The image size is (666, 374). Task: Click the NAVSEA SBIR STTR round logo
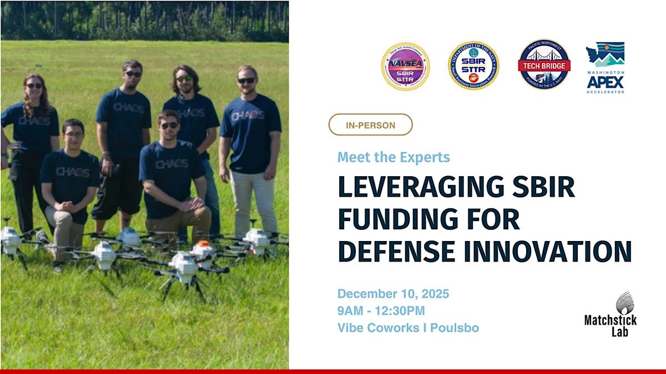click(405, 66)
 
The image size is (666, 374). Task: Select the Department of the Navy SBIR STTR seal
click(473, 66)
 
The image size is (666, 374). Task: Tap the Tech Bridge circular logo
click(544, 65)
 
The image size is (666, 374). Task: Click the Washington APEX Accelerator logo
click(605, 67)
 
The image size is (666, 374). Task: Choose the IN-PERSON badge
click(370, 125)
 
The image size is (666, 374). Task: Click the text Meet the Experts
click(393, 157)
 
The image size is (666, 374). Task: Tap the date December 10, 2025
click(393, 294)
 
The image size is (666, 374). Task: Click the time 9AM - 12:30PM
click(381, 311)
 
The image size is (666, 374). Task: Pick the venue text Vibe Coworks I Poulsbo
click(408, 328)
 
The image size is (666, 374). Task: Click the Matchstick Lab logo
click(610, 315)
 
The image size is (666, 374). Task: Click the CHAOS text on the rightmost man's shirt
click(248, 116)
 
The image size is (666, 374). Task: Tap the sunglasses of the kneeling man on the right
click(169, 125)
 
